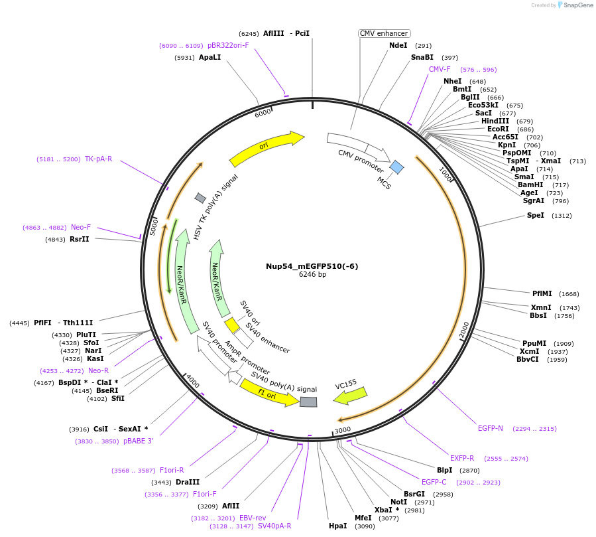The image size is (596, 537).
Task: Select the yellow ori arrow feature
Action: click(x=266, y=148)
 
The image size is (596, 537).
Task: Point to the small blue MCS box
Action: click(x=396, y=167)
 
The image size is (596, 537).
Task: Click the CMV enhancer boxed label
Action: click(x=384, y=33)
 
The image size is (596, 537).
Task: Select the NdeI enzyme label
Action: click(x=398, y=46)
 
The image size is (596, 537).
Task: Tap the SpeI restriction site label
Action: click(x=535, y=215)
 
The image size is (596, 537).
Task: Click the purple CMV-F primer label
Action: click(x=440, y=69)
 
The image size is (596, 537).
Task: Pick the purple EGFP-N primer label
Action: click(x=491, y=428)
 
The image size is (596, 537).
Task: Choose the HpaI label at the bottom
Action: click(x=337, y=526)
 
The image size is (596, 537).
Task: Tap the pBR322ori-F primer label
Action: click(x=228, y=45)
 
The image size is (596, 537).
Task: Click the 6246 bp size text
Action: click(x=312, y=274)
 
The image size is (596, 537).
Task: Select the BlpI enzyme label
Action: click(x=444, y=470)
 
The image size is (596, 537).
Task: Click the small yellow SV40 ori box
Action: click(x=231, y=325)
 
